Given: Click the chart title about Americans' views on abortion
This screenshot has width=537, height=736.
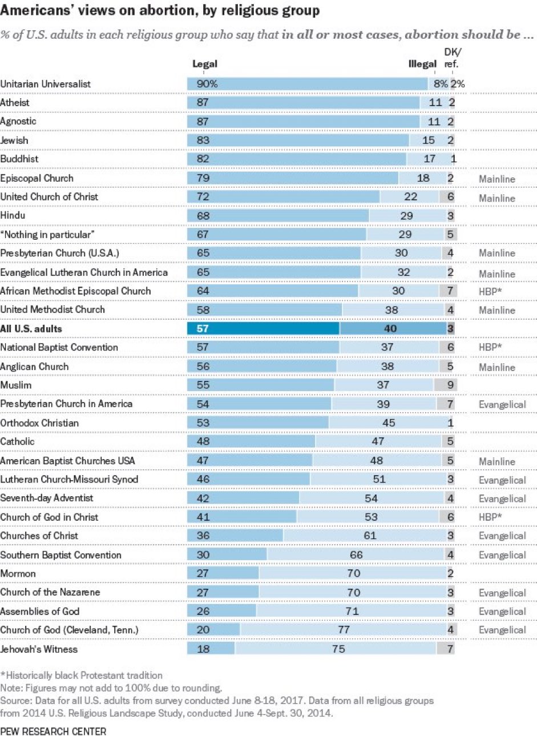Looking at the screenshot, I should [x=160, y=11].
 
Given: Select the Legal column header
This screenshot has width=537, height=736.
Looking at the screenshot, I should [x=205, y=64].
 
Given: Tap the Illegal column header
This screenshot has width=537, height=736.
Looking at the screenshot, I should [x=422, y=64].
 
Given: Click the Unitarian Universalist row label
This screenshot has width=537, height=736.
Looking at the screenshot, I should [x=46, y=83].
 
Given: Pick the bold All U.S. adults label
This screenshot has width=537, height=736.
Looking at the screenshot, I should [x=31, y=329].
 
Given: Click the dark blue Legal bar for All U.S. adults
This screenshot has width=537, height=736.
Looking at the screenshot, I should [x=263, y=328].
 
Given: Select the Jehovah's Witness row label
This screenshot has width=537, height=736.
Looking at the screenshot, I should [x=39, y=649].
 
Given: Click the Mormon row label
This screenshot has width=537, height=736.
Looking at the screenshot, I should [x=18, y=573].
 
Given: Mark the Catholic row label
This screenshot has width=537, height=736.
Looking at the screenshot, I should [x=18, y=441].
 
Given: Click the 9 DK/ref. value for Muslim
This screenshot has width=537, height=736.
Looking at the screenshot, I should [x=451, y=385].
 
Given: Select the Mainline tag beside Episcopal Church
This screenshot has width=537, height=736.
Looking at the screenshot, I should [x=497, y=179].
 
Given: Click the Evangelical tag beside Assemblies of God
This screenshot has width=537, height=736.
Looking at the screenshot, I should [x=502, y=612].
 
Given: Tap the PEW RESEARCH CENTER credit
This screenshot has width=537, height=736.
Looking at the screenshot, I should [x=53, y=731].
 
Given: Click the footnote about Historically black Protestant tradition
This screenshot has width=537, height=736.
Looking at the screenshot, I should [x=81, y=675].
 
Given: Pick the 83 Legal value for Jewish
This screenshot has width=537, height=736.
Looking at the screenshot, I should [x=203, y=140].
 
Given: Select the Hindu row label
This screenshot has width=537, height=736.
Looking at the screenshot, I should [x=13, y=215].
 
